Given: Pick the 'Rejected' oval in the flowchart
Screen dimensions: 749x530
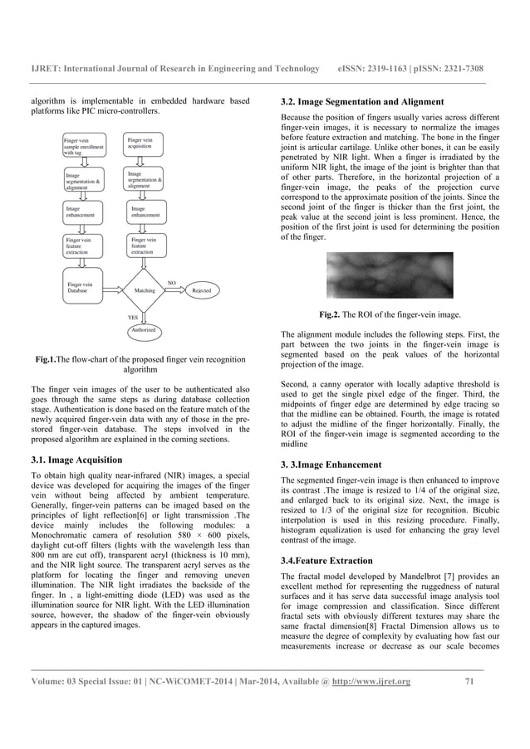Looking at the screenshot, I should (x=201, y=291).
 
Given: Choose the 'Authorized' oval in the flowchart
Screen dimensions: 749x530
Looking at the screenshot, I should (x=145, y=330).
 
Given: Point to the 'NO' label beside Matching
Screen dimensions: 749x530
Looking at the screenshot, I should (x=172, y=283).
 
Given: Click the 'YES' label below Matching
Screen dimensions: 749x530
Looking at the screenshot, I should (x=132, y=317).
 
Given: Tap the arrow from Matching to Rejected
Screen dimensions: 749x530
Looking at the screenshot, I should (x=177, y=291).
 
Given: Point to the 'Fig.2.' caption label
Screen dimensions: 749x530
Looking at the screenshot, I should (x=332, y=315).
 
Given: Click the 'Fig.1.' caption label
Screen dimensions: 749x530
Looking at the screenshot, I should (x=47, y=359).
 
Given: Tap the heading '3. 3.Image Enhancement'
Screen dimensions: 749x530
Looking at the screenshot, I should (x=331, y=464).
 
